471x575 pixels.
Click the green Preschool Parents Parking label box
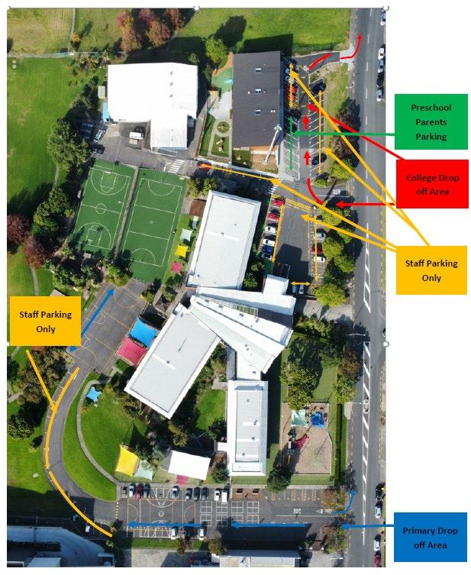click(x=431, y=122)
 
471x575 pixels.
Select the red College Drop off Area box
click(x=431, y=184)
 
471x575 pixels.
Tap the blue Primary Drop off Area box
click(x=431, y=537)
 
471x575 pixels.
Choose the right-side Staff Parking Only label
click(x=431, y=270)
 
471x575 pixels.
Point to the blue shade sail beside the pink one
click(x=143, y=332)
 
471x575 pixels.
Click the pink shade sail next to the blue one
click(x=131, y=350)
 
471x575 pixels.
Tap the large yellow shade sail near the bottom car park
click(x=128, y=460)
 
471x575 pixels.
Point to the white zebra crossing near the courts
click(x=176, y=165)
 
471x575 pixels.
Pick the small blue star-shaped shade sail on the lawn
click(x=93, y=394)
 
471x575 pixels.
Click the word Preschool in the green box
click(x=431, y=108)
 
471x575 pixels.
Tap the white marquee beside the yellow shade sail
click(x=188, y=464)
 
